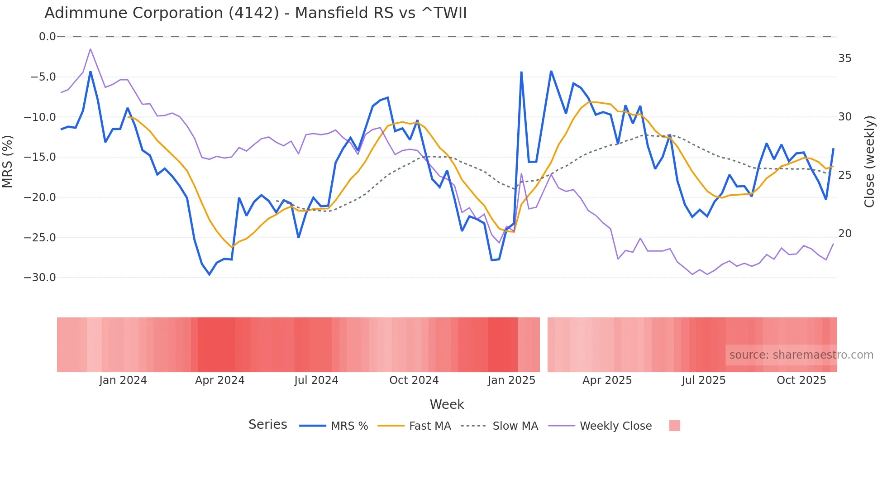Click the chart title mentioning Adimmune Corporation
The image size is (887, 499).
(x=255, y=13)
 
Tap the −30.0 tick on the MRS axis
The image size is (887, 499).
(x=40, y=278)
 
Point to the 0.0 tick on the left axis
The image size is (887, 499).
(x=47, y=37)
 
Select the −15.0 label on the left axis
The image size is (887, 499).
(x=40, y=157)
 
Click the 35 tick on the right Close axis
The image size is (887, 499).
(x=844, y=58)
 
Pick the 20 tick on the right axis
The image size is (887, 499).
(x=844, y=234)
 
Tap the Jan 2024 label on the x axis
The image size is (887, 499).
(x=123, y=380)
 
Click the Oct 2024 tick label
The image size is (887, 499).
(x=414, y=380)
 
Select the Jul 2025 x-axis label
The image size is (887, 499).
(x=703, y=380)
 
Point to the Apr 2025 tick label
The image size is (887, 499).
(x=607, y=380)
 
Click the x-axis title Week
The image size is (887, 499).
(x=447, y=404)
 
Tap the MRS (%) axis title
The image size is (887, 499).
(x=8, y=161)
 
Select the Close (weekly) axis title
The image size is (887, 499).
(x=869, y=162)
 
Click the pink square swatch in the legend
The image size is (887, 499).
(x=674, y=426)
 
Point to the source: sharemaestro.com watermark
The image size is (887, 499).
(x=801, y=355)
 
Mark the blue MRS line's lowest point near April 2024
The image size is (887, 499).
(x=210, y=274)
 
